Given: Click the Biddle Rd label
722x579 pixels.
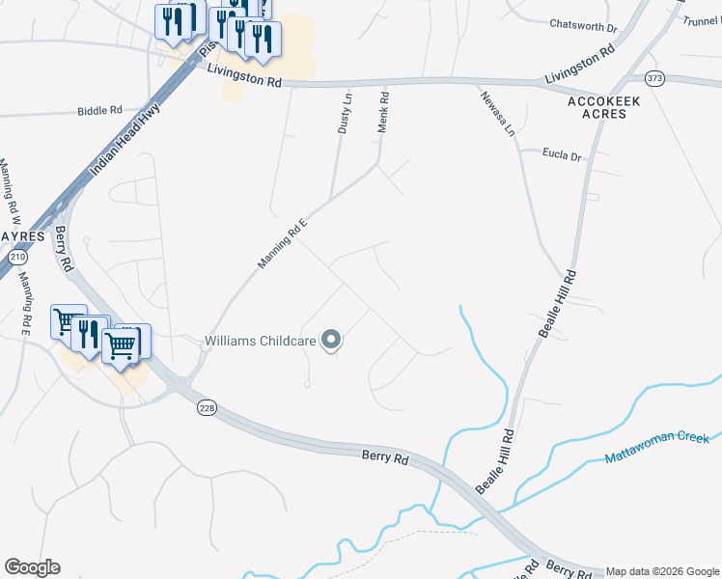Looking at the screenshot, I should [100, 111].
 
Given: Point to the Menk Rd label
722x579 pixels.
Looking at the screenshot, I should [383, 112].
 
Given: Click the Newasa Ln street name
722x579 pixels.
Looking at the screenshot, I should [497, 112].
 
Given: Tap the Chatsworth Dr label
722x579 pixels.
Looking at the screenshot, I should [582, 25].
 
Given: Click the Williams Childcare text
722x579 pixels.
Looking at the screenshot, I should [261, 340].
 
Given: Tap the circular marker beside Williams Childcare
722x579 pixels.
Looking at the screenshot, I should [331, 340].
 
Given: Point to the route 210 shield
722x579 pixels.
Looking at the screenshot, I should [18, 257].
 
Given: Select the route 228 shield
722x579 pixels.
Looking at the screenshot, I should [207, 408].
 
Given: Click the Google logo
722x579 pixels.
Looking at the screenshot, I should [32, 567].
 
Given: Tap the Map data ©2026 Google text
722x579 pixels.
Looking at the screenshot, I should [662, 572].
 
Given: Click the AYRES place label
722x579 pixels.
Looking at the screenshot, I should [22, 234].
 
